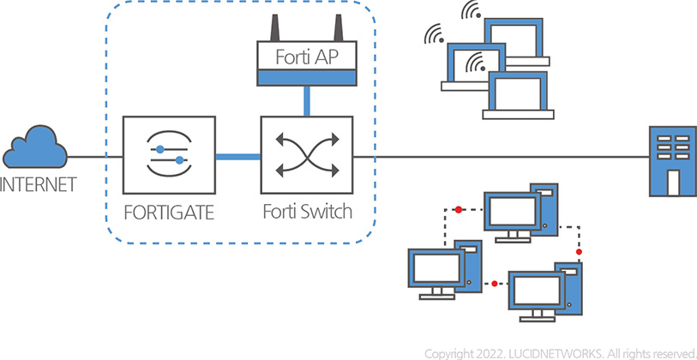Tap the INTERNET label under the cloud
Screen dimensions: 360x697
(38, 184)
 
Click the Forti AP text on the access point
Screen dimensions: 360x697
(305, 58)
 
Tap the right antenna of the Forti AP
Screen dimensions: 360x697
(337, 27)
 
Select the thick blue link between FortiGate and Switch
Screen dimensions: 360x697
(237, 157)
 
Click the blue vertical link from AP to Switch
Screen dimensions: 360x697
(306, 101)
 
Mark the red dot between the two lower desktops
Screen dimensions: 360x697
(495, 283)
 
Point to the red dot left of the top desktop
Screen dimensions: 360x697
(459, 208)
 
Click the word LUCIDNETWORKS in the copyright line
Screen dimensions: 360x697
(562, 352)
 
